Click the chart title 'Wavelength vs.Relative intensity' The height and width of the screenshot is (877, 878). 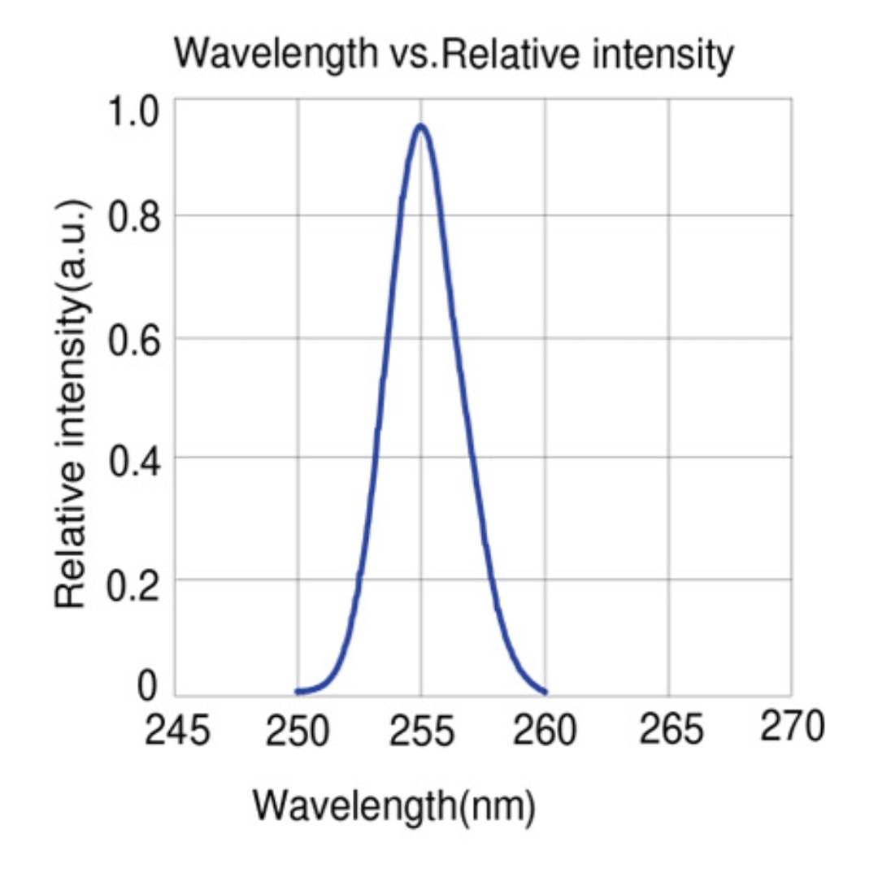[454, 54]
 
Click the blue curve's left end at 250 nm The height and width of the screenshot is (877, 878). [298, 691]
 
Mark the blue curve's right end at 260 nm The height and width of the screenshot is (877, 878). [545, 692]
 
